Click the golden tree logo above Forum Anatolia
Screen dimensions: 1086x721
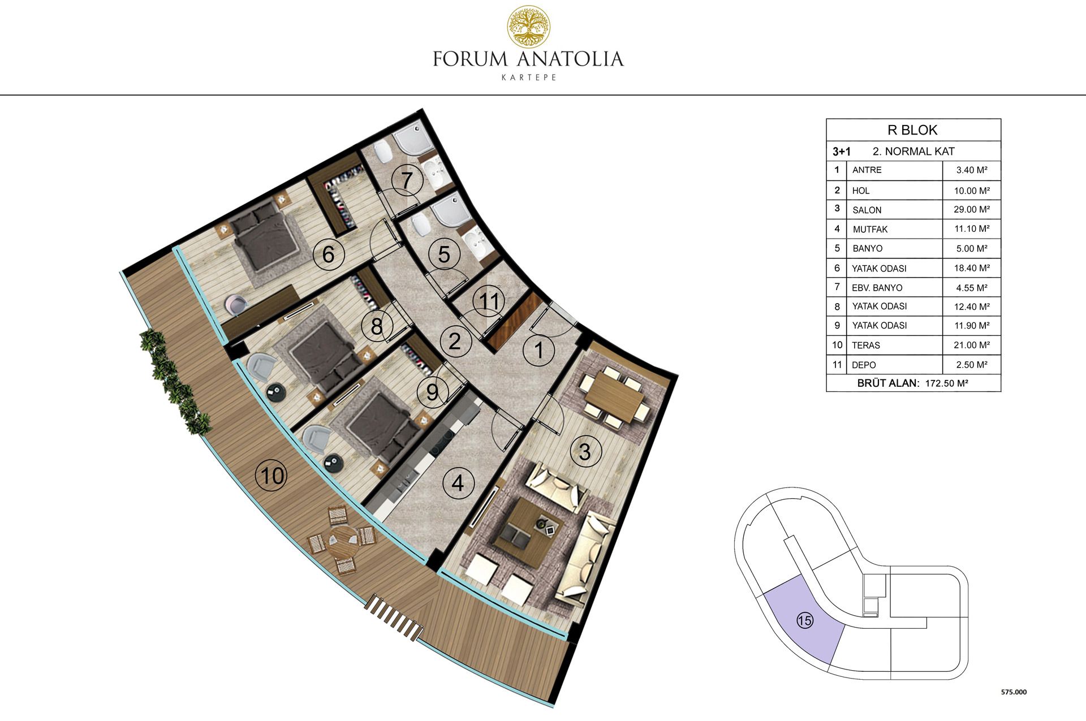coord(528,27)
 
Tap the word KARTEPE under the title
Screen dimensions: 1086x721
coord(529,77)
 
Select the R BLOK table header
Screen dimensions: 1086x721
coord(912,130)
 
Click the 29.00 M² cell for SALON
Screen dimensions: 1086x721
coord(972,209)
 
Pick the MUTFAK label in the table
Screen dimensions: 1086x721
coord(870,229)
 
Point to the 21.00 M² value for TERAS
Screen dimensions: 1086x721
coord(972,345)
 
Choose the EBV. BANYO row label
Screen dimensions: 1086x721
coord(877,288)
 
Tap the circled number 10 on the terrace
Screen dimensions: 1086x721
coord(272,476)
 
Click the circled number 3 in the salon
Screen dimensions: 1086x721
coord(584,451)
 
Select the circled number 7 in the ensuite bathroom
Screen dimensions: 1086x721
coord(407,180)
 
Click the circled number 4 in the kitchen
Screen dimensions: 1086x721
coord(457,483)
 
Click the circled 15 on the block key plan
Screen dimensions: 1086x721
coord(804,620)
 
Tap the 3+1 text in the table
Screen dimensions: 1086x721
coord(842,152)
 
